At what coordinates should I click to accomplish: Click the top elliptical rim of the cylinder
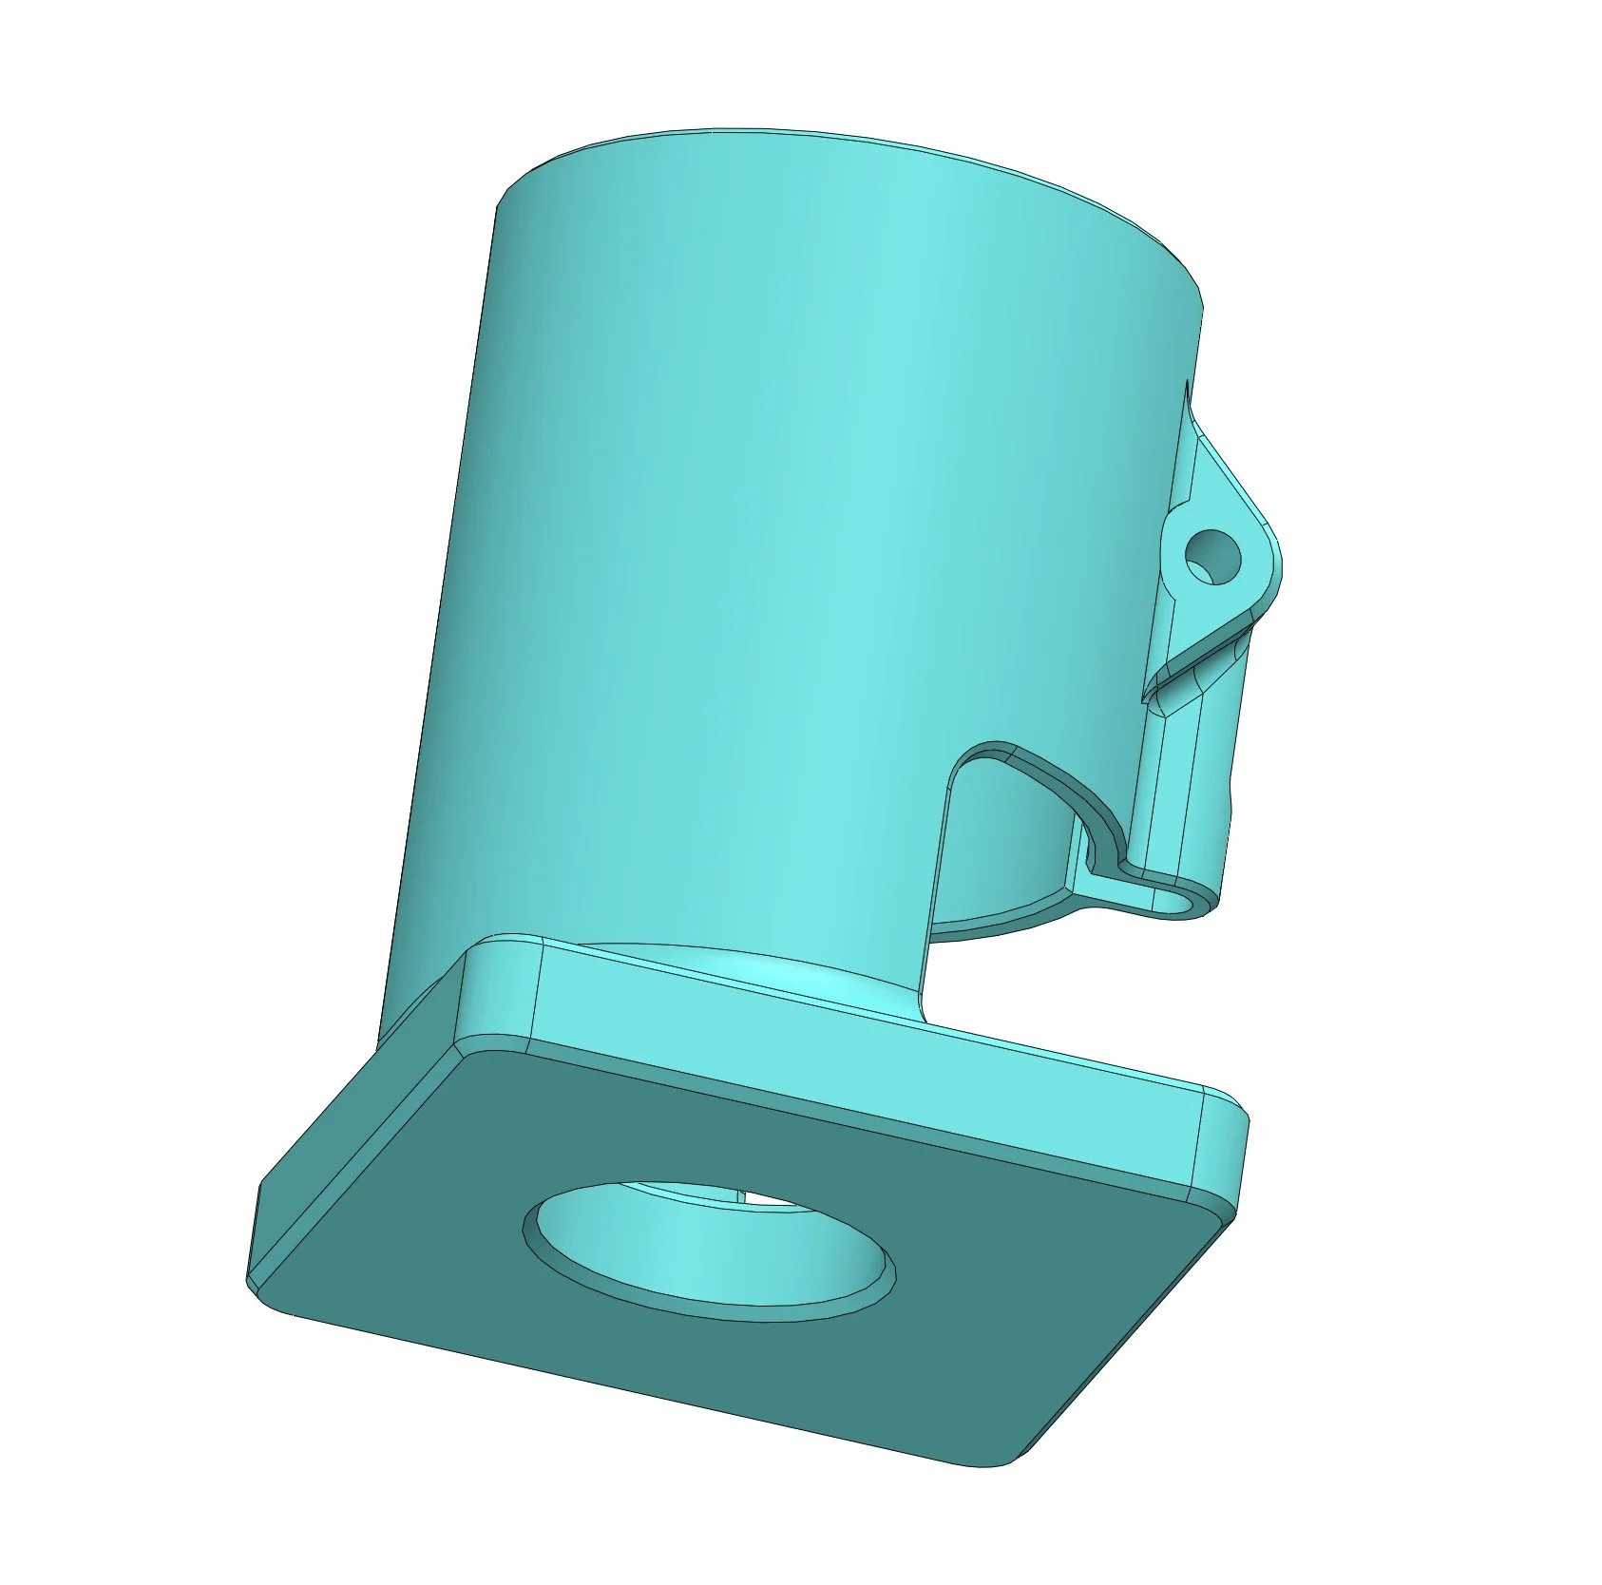855,143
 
